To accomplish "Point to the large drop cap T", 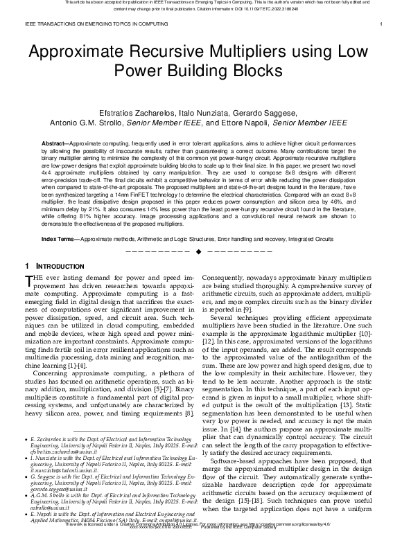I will point(28,280).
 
